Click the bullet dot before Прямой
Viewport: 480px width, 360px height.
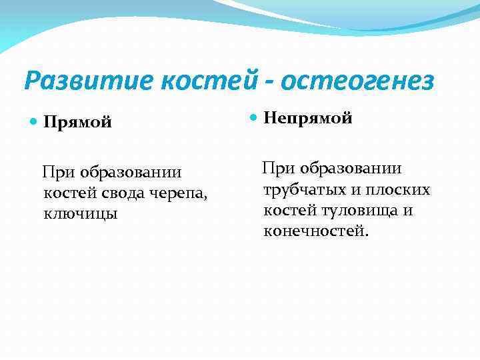point(34,122)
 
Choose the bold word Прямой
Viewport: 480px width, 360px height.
point(77,123)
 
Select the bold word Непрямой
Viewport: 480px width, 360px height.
point(308,119)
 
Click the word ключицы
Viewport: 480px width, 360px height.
point(80,214)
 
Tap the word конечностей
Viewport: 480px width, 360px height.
point(315,231)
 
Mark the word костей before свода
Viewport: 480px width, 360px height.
point(64,193)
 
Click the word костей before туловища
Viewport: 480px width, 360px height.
point(285,211)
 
